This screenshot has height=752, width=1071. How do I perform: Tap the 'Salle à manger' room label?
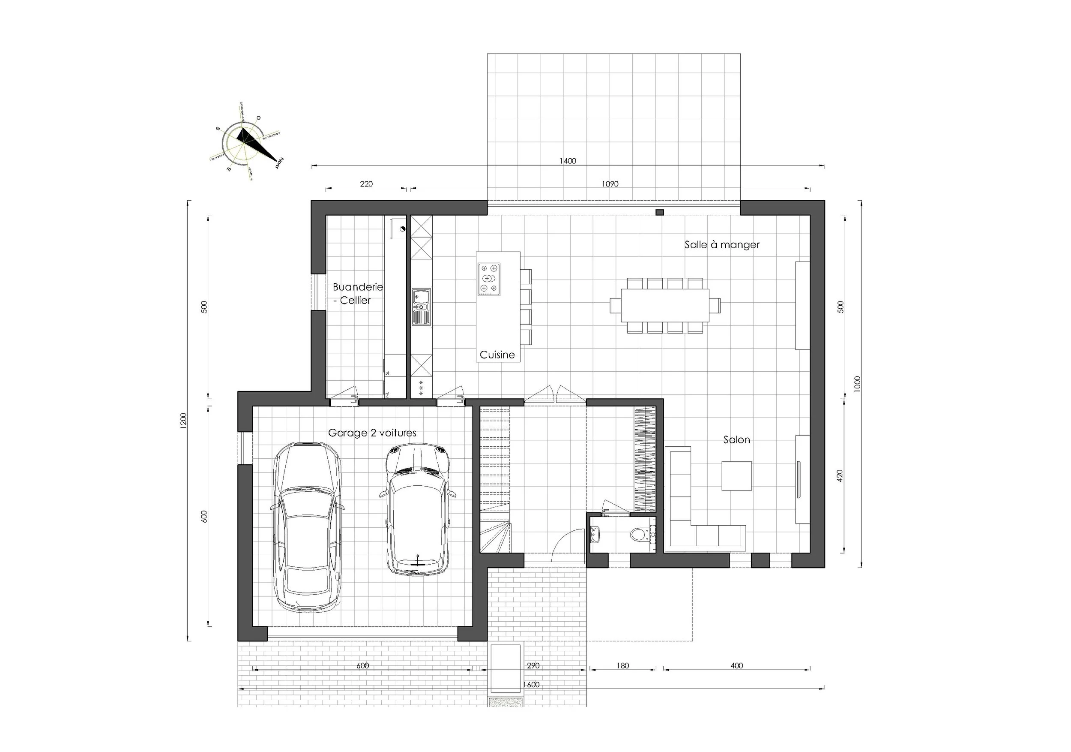point(721,245)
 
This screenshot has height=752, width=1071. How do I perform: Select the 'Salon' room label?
point(736,440)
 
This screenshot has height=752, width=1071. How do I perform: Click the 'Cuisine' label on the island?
point(497,355)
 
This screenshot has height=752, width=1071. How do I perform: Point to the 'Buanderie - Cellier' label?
point(357,294)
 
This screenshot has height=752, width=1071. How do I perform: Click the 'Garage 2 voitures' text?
point(372,433)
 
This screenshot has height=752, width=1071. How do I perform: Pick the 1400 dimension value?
point(568,161)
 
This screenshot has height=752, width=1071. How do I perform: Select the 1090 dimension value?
point(610,184)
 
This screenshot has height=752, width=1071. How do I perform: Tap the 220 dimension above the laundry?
point(366,184)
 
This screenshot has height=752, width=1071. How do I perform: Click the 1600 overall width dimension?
point(531,685)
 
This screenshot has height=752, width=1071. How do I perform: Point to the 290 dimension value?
point(533,666)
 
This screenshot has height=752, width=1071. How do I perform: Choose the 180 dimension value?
point(622,666)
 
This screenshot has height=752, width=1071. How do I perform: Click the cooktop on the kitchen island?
point(489,279)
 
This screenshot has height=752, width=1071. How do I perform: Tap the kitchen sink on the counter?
point(422,307)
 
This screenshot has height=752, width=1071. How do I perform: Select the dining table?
point(665,305)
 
